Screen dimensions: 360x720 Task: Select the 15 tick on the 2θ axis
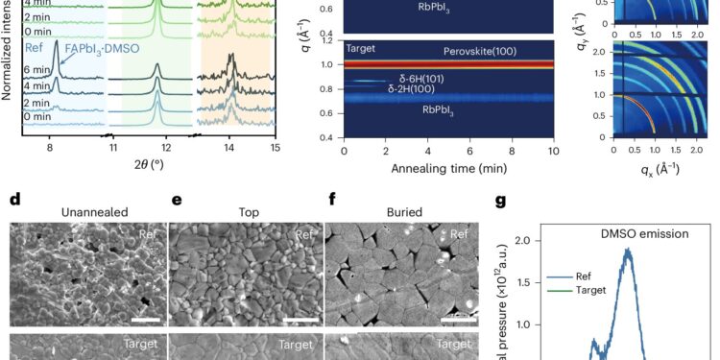(x=275, y=148)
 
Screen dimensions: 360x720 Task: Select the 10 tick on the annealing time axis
(x=552, y=149)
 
